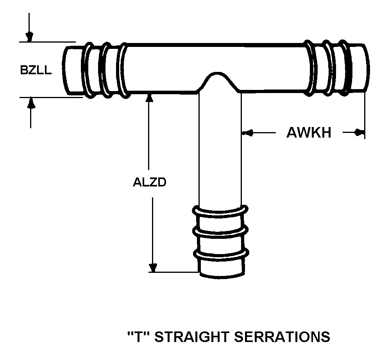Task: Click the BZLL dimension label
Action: [36, 70]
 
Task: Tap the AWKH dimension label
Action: [309, 133]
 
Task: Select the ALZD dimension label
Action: [150, 183]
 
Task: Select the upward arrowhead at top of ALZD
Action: [148, 98]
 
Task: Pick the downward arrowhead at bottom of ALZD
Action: [153, 267]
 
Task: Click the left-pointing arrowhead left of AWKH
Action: [247, 133]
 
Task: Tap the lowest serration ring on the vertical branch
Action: [221, 254]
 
